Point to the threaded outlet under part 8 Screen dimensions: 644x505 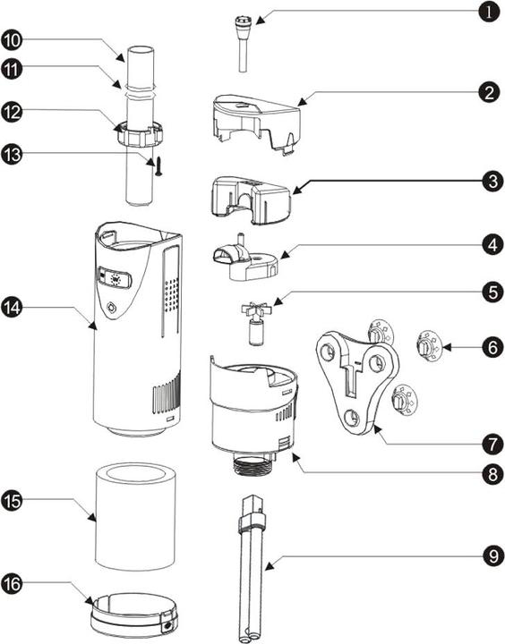[x=255, y=464]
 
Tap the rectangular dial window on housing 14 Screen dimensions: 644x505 [x=115, y=278]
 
